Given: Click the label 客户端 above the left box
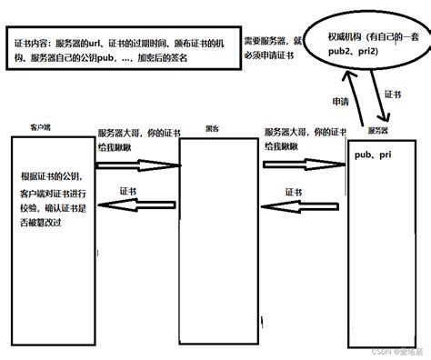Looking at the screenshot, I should tap(40, 129).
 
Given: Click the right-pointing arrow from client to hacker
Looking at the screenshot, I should tap(136, 165).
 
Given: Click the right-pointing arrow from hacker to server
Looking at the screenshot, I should tap(306, 165).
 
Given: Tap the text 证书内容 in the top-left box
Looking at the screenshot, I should tap(33, 44).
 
